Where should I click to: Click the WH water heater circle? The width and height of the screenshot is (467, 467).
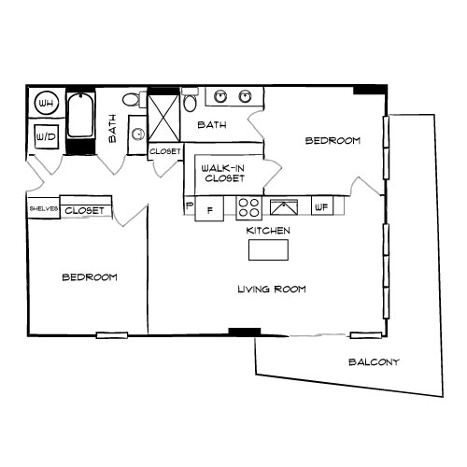click(x=44, y=102)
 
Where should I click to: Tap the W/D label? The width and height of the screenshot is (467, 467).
click(x=44, y=136)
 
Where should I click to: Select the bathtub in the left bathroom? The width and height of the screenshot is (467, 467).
click(x=80, y=122)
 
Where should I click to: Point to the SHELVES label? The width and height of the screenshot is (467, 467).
click(x=44, y=210)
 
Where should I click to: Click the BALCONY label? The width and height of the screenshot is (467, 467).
click(x=374, y=362)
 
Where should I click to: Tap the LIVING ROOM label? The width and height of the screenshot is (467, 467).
click(x=271, y=290)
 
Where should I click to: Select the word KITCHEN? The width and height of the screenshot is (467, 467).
click(x=268, y=230)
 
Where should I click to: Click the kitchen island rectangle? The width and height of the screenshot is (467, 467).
click(x=269, y=250)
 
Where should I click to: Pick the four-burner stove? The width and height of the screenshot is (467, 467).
click(x=248, y=207)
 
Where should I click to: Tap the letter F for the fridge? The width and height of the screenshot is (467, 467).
click(x=209, y=210)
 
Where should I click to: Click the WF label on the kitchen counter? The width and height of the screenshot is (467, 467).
click(x=319, y=207)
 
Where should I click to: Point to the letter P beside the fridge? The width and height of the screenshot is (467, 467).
click(x=190, y=205)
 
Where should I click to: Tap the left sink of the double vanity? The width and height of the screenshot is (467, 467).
click(x=222, y=96)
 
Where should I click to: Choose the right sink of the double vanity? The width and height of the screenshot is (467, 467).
click(x=246, y=96)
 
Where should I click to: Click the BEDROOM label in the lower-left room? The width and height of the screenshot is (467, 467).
click(x=90, y=277)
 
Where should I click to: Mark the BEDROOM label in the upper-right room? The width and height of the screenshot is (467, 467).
click(x=333, y=140)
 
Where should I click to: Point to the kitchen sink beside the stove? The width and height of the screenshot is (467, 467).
click(x=281, y=207)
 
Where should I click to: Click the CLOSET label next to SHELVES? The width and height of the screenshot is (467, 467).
click(x=84, y=211)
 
